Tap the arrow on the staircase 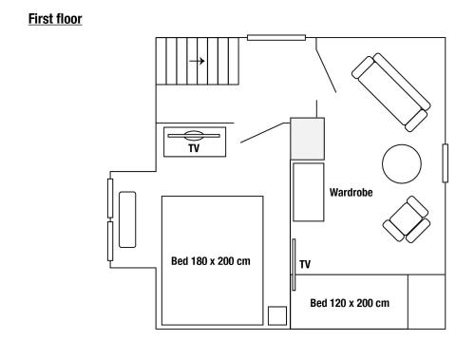[197, 62]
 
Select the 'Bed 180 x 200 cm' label [212, 260]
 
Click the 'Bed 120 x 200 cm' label [350, 302]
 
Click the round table [402, 163]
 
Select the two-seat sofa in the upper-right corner [389, 91]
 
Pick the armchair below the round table [407, 220]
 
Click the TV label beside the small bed [305, 264]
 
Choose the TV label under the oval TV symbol [193, 149]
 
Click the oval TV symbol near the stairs [193, 136]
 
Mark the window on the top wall [276, 38]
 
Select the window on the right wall [445, 162]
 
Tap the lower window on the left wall [111, 239]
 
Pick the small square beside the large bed [276, 315]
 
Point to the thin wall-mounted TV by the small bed [294, 263]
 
